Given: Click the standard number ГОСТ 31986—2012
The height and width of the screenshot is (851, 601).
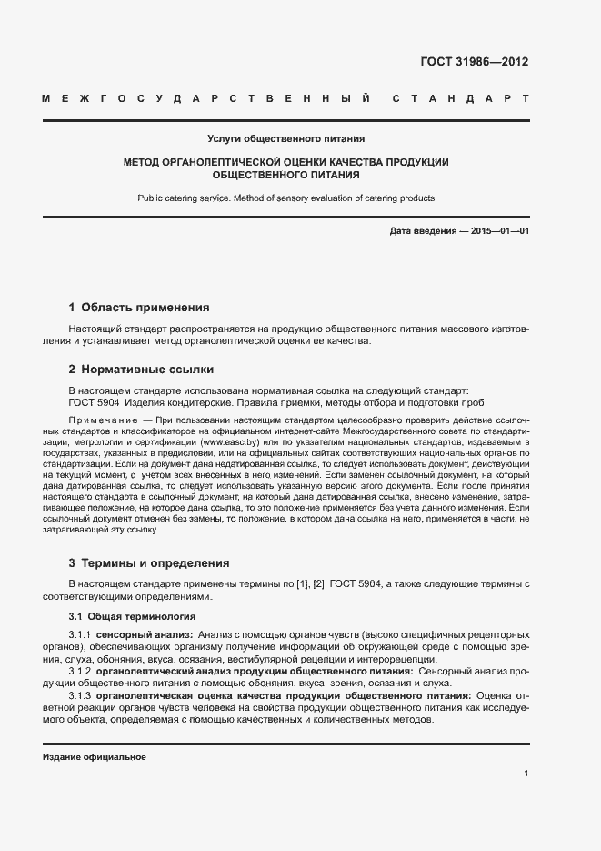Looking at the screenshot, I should [474, 62].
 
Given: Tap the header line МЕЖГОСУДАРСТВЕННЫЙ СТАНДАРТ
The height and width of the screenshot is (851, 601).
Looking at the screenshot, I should [285, 98].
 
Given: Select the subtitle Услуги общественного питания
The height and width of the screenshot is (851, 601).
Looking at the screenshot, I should [285, 139].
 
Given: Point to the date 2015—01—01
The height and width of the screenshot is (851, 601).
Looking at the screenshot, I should [500, 231].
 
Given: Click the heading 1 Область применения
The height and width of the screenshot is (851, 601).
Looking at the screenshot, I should [139, 307].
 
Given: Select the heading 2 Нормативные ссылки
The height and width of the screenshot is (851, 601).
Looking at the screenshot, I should [141, 370].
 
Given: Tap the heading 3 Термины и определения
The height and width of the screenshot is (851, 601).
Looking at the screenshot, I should [149, 562].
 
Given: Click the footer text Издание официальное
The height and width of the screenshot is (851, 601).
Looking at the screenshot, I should [94, 756].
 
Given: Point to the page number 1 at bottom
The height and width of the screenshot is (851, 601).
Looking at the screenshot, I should [526, 773].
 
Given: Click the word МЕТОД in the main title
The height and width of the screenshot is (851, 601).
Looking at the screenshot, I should [145, 161].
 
